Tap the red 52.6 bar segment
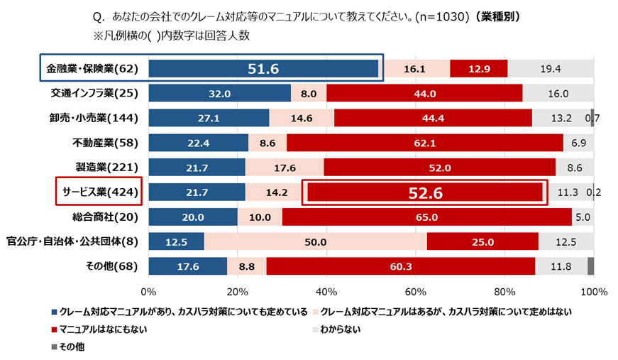coord(426,192)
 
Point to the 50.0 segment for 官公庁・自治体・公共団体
coord(315,241)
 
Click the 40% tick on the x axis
coord(326,291)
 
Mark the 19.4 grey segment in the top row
coord(550,69)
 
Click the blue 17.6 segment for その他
coord(187,266)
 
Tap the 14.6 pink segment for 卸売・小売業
coord(301,118)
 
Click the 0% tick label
coord(148,291)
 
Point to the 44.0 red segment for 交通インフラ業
coord(424,93)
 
